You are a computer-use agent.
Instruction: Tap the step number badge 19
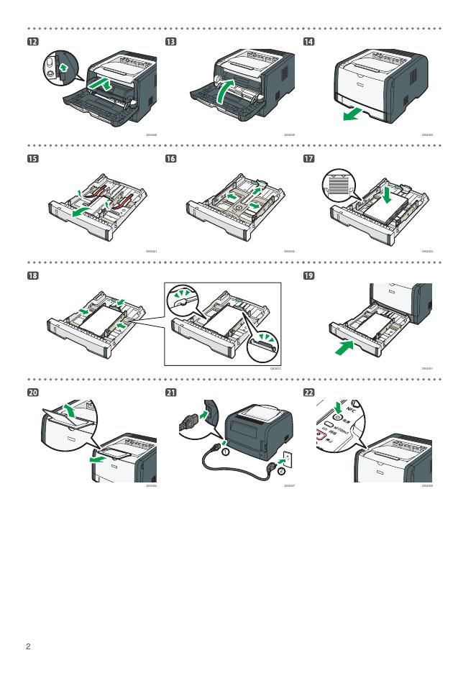[309, 275]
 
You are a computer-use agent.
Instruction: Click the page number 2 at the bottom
[28, 647]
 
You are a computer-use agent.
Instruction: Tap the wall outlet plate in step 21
[288, 458]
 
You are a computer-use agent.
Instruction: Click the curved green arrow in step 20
[69, 411]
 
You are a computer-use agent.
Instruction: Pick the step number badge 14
[309, 42]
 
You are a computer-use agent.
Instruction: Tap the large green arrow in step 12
[104, 85]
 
